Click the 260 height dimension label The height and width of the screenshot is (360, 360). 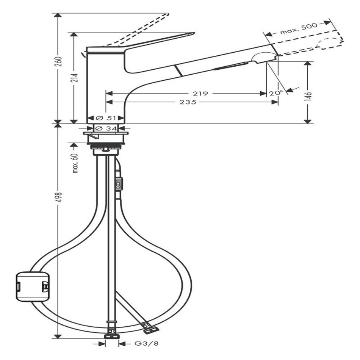[59, 61]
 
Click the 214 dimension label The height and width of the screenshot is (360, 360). [75, 78]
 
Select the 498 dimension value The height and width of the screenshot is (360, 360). [59, 197]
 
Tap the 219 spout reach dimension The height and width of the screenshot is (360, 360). [200, 94]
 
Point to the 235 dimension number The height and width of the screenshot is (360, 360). [188, 102]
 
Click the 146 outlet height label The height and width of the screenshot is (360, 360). [309, 94]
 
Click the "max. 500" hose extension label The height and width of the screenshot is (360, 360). [299, 29]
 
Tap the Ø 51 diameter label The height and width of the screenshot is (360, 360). [106, 118]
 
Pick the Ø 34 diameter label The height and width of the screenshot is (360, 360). [106, 128]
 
